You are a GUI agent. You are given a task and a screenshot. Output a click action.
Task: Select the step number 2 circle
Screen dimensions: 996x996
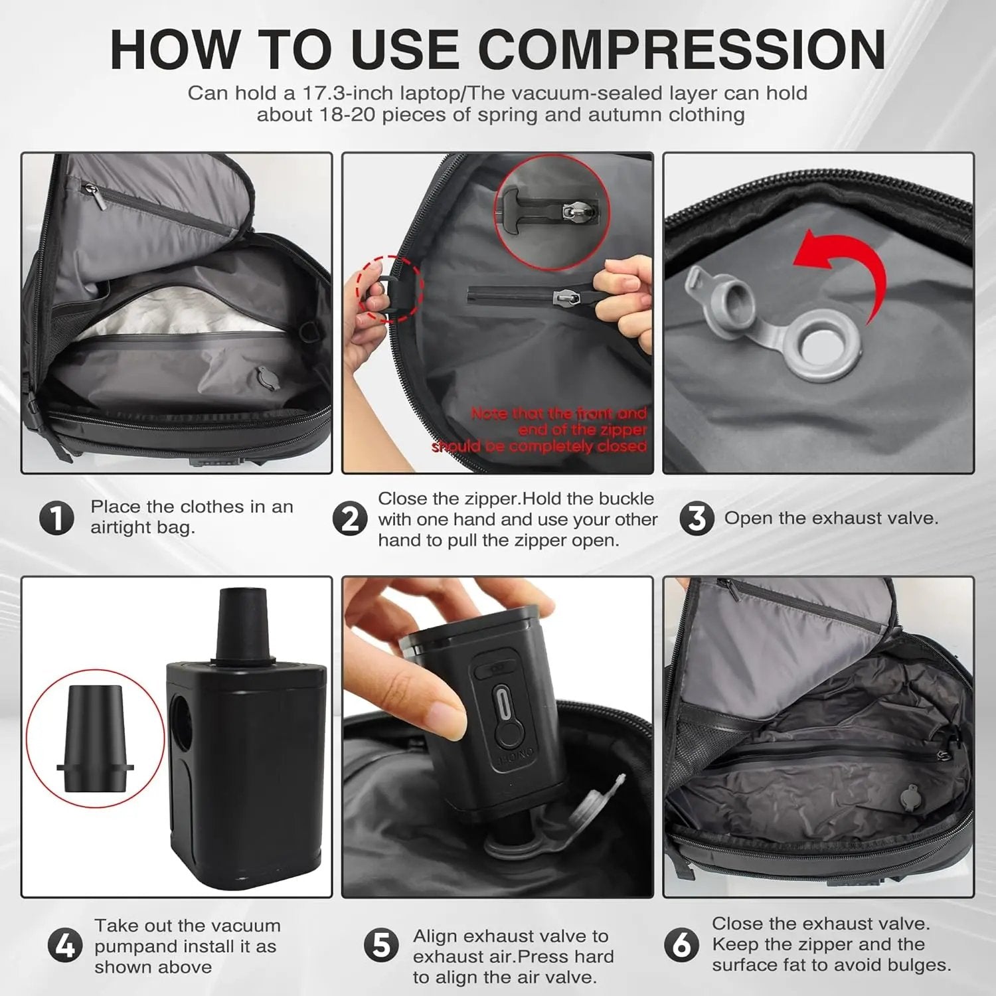click(349, 519)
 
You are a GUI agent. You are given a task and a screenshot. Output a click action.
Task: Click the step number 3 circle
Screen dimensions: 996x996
click(697, 519)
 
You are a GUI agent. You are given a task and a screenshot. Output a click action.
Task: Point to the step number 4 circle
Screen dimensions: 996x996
click(65, 946)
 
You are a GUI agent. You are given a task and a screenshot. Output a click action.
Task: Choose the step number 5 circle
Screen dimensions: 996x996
click(382, 946)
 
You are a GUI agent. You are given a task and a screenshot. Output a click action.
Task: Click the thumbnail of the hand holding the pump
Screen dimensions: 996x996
click(497, 736)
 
